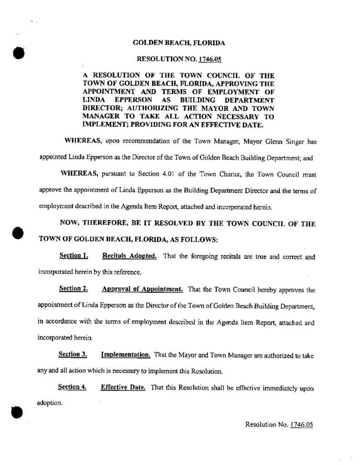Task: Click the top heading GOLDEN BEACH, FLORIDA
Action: (178, 43)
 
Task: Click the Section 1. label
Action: (73, 256)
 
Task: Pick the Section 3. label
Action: (73, 354)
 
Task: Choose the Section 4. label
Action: (73, 387)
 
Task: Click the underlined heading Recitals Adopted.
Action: (129, 256)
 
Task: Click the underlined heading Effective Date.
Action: (123, 387)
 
